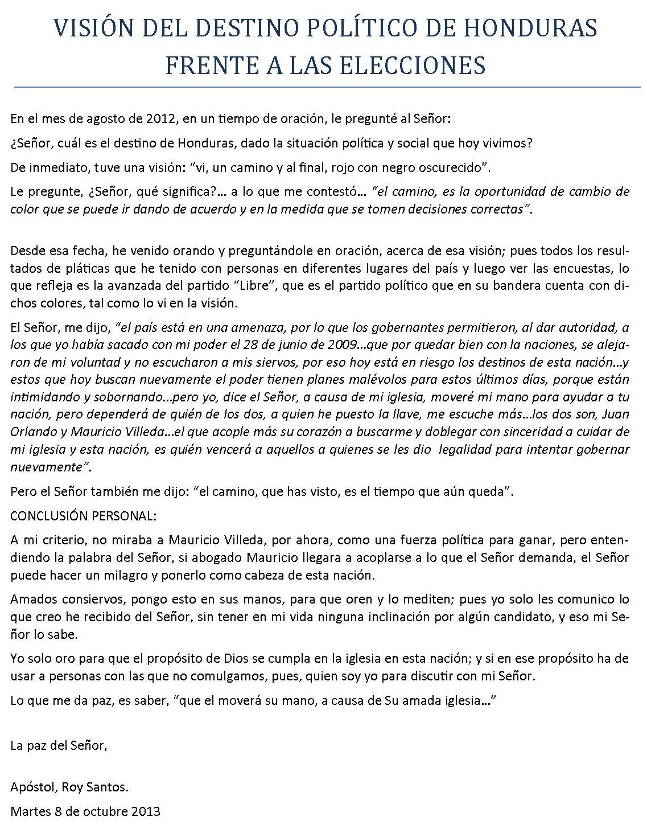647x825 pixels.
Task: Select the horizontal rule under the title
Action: click(323, 87)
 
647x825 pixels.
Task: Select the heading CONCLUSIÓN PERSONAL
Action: click(83, 516)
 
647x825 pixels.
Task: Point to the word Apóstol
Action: click(30, 788)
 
